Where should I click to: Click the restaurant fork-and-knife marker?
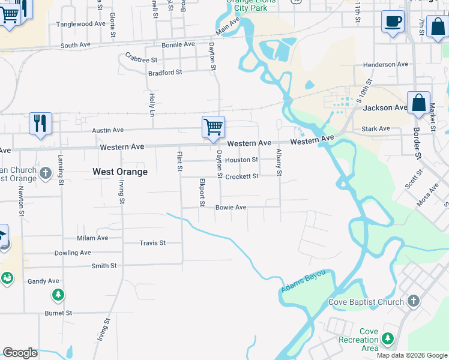(x=40, y=123)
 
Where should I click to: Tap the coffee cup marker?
(x=393, y=22)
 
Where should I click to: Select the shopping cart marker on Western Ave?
(x=213, y=127)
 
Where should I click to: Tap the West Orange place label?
(x=120, y=172)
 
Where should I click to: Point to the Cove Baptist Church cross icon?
(x=412, y=301)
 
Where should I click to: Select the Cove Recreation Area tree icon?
(x=388, y=340)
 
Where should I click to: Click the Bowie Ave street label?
(x=231, y=207)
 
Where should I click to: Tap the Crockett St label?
(x=242, y=176)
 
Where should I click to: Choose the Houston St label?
(x=242, y=160)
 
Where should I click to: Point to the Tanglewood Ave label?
(x=81, y=24)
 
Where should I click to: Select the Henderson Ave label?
(x=385, y=64)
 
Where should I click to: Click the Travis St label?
(x=152, y=243)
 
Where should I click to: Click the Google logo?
(x=20, y=353)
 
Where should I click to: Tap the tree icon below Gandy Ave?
(x=58, y=295)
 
